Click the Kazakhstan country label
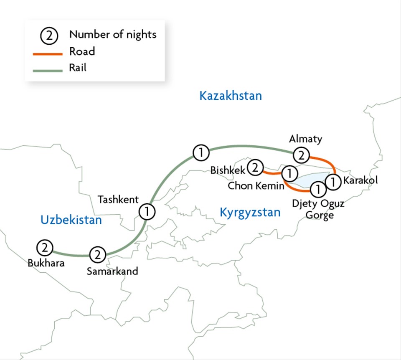tap(231, 96)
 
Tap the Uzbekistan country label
tap(71, 220)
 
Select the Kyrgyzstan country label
tap(250, 213)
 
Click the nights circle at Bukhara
tap(44, 248)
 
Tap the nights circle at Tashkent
tap(147, 211)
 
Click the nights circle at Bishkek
tap(255, 168)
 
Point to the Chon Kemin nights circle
tap(289, 172)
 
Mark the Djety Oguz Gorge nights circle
tap(318, 189)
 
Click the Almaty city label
tap(305, 139)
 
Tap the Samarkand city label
tap(112, 271)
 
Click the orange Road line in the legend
tap(47, 53)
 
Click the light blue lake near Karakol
tap(311, 180)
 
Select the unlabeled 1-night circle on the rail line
tap(201, 153)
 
